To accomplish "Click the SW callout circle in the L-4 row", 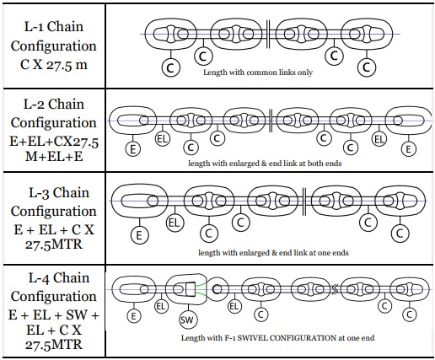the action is pyautogui.click(x=188, y=320).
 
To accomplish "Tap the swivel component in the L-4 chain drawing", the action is pyautogui.click(x=186, y=289).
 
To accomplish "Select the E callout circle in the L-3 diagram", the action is pyautogui.click(x=139, y=235).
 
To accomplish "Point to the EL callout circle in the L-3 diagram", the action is pyautogui.click(x=175, y=223).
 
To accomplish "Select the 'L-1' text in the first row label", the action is pyautogui.click(x=34, y=27).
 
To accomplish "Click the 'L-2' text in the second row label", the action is pyautogui.click(x=34, y=104).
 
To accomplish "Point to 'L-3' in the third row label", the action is pyautogui.click(x=39, y=193).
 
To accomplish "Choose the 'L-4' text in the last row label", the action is pyautogui.click(x=39, y=277).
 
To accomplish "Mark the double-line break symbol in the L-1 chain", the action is pyautogui.click(x=268, y=34).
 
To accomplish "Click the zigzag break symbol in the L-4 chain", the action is pyautogui.click(x=335, y=289).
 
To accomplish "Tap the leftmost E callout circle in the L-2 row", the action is pyautogui.click(x=133, y=148).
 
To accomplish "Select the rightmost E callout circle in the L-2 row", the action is pyautogui.click(x=408, y=148).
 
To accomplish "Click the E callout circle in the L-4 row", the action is pyautogui.click(x=134, y=316).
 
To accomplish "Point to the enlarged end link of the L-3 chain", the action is pyautogui.click(x=140, y=201).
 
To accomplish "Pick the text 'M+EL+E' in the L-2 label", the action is pyautogui.click(x=54, y=156).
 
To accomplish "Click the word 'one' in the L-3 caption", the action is pyautogui.click(x=324, y=253).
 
